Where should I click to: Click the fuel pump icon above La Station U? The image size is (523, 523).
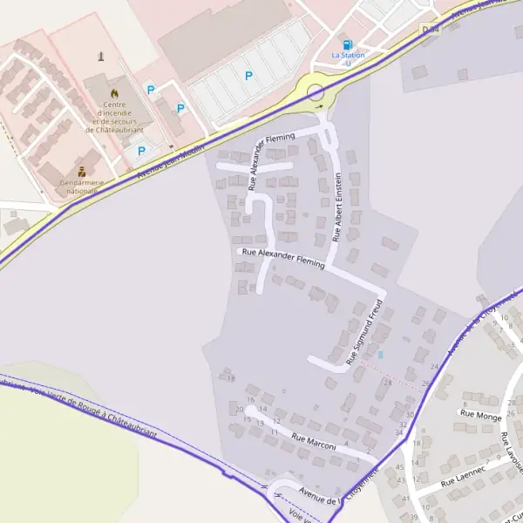click(x=348, y=44)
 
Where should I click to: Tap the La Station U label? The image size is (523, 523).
click(x=348, y=58)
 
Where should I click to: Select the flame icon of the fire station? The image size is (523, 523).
click(x=112, y=91)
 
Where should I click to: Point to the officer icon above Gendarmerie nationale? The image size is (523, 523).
click(x=82, y=170)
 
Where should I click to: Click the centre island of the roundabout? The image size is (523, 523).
click(x=316, y=91)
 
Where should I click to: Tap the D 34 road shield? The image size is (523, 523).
click(x=427, y=30)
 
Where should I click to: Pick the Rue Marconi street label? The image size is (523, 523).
click(x=314, y=444)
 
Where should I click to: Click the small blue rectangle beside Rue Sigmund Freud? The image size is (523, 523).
click(x=380, y=354)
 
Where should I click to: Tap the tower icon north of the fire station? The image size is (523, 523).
click(x=103, y=58)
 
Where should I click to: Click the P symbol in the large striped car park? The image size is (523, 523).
click(x=248, y=77)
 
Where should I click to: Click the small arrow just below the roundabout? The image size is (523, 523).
click(x=320, y=106)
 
